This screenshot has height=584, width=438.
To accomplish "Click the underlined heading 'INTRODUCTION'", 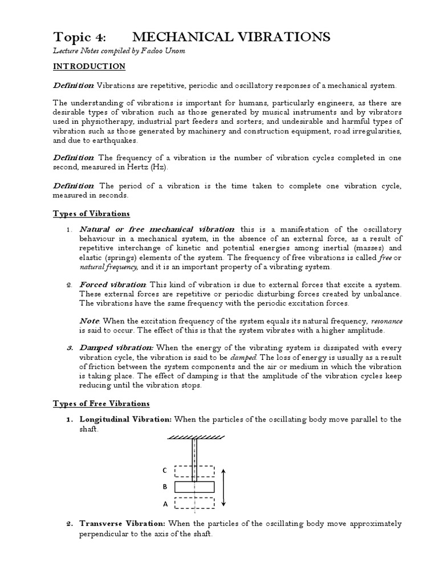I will (89, 67).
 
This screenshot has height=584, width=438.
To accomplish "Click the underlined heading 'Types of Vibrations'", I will (91, 214).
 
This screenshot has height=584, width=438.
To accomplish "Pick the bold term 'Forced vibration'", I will (113, 284).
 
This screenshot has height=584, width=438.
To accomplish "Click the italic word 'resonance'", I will (387, 321).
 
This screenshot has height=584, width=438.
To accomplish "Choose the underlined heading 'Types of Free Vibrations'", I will (101, 404).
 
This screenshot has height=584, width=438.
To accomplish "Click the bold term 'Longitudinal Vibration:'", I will (125, 419).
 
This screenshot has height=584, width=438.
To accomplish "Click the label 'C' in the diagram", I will (164, 471).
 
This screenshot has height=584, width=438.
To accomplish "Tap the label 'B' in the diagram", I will (164, 488).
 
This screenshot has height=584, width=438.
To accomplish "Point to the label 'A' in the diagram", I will (165, 504).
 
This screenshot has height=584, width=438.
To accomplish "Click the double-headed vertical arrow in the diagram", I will (224, 487).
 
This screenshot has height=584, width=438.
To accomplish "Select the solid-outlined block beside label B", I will (194, 487).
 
